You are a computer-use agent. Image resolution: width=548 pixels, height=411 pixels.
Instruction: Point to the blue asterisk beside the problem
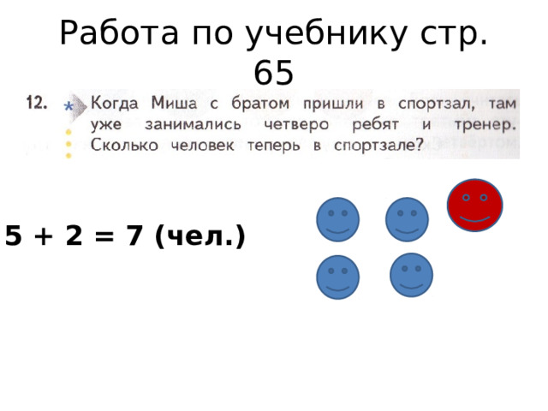tap(68, 107)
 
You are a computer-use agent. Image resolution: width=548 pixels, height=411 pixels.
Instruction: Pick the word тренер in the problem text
tap(486, 125)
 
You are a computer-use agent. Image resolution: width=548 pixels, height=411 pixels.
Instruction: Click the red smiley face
tap(474, 205)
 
